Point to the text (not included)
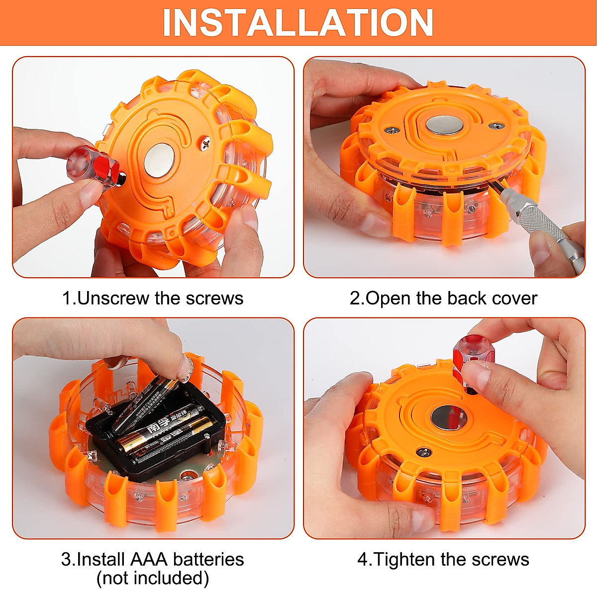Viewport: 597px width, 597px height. point(153,578)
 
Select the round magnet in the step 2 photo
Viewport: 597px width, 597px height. point(443,124)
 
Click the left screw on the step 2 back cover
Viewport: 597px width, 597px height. point(393,131)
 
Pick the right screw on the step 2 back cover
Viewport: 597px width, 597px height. point(494,126)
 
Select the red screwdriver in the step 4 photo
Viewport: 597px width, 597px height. point(468,358)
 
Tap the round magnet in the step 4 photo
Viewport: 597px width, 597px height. point(449,417)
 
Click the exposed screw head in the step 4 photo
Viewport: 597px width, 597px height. point(423,452)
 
